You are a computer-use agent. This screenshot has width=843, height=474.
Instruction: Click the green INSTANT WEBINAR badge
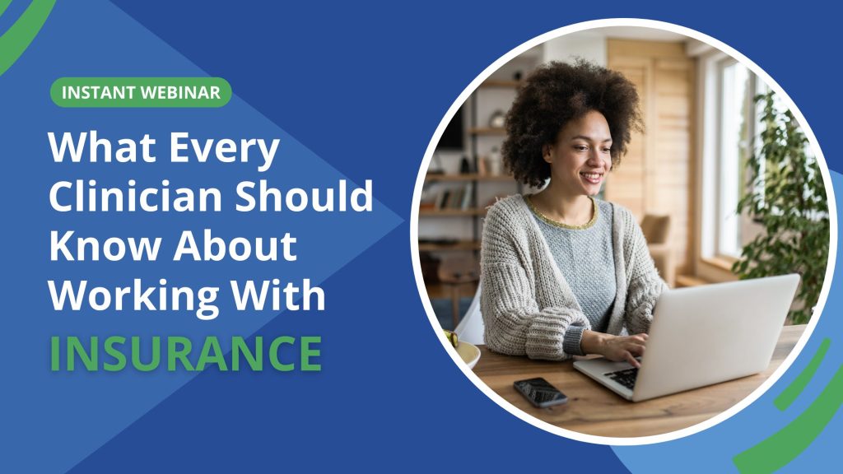pyautogui.click(x=141, y=92)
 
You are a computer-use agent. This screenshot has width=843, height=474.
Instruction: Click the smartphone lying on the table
pyautogui.click(x=539, y=391)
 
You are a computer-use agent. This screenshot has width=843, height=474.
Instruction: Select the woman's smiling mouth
pyautogui.click(x=590, y=177)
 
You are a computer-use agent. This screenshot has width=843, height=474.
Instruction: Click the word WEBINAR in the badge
pyautogui.click(x=182, y=92)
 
